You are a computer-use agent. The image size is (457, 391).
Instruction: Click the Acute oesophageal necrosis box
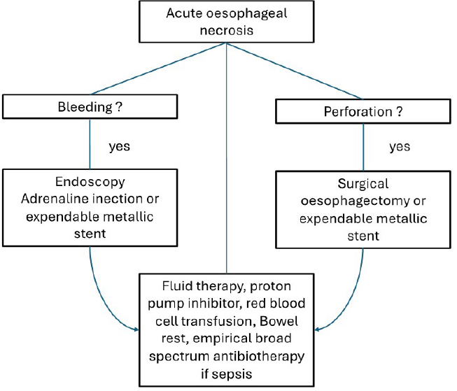click(x=227, y=21)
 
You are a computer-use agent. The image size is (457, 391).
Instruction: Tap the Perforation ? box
click(x=364, y=111)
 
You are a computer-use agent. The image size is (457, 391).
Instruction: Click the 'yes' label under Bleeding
click(x=120, y=148)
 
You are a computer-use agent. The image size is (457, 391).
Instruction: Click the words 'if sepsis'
click(x=227, y=374)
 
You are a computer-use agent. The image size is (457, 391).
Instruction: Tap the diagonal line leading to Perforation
click(x=294, y=69)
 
